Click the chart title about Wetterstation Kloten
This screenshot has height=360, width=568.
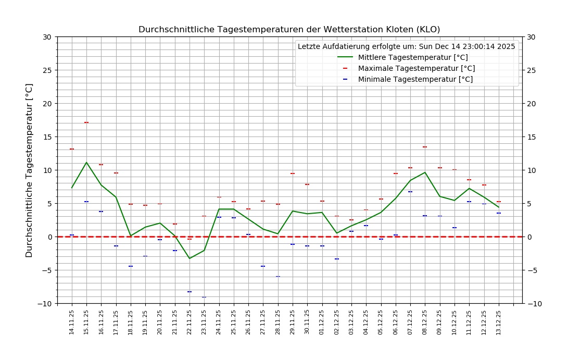click(x=289, y=30)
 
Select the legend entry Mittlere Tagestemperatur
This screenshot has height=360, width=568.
click(x=413, y=57)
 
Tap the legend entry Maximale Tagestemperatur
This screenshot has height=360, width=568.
click(x=416, y=68)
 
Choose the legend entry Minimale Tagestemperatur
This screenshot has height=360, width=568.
click(x=415, y=79)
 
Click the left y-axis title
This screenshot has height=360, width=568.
click(x=29, y=170)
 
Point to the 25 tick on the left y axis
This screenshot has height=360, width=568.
click(x=48, y=70)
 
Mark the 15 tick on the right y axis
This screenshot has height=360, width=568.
click(x=532, y=137)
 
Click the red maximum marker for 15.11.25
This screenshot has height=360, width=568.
click(x=86, y=122)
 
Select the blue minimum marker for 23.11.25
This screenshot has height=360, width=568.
click(x=204, y=297)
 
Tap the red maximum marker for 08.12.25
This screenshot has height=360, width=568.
click(x=425, y=147)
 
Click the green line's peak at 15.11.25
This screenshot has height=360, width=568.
click(x=86, y=163)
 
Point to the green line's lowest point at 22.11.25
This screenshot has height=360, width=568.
click(x=190, y=258)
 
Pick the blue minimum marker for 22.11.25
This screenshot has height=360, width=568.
click(x=190, y=292)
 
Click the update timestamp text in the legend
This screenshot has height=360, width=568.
click(x=406, y=46)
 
